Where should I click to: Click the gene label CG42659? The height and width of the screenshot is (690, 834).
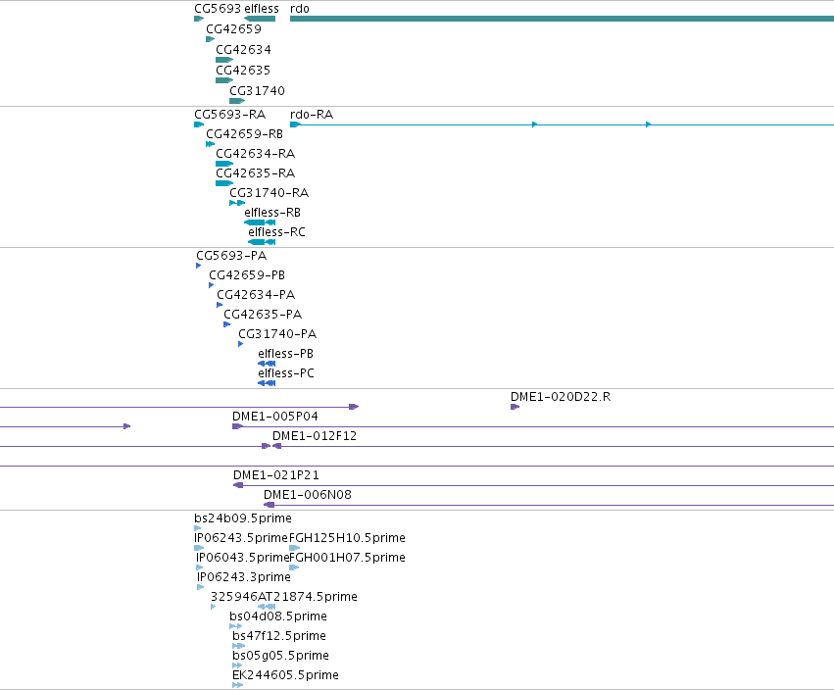tap(233, 29)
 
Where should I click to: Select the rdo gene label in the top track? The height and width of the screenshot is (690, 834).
tap(300, 9)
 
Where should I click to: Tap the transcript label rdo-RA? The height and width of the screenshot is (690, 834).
tap(312, 115)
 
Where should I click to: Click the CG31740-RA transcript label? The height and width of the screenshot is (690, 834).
tap(270, 192)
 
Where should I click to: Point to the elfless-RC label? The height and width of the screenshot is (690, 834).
tap(276, 232)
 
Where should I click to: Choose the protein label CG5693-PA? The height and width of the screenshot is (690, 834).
tap(231, 256)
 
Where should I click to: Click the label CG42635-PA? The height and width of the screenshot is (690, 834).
tap(263, 315)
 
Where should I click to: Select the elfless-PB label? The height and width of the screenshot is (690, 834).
tap(285, 354)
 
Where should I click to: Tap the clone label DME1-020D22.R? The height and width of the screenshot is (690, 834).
tap(561, 397)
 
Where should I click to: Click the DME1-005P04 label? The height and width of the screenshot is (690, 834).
tap(275, 417)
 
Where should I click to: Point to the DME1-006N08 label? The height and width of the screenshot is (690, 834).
tap(308, 495)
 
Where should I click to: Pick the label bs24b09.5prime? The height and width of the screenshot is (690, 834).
tap(243, 518)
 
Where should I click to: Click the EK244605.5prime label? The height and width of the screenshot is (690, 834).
tap(285, 675)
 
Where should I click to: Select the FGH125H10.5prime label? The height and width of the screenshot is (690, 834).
tap(347, 538)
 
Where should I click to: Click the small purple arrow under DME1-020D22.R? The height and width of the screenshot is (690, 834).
tap(515, 407)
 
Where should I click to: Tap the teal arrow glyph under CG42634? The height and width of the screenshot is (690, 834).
tap(224, 60)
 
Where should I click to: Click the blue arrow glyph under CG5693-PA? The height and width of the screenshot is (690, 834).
tap(198, 266)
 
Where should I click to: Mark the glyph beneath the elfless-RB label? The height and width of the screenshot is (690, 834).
tap(260, 222)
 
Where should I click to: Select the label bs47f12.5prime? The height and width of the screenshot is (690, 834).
tap(279, 636)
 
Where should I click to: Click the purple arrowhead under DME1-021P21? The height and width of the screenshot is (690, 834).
tap(238, 485)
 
